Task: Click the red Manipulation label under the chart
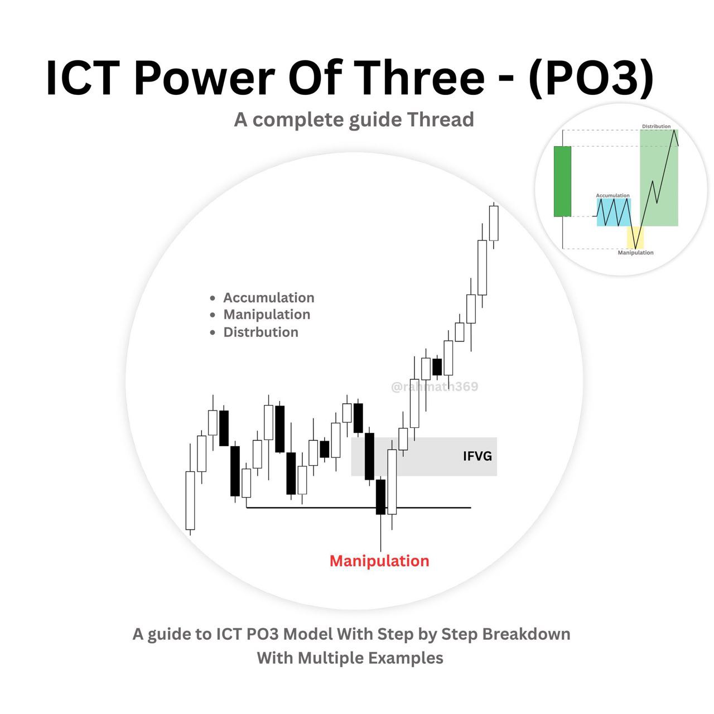coord(379,561)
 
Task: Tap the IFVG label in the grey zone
coord(477,456)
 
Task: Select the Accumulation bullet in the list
coord(269,297)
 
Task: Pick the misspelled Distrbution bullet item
coord(261,332)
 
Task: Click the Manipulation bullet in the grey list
coord(267,315)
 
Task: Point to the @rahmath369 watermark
coord(435,387)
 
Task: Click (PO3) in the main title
coord(591,79)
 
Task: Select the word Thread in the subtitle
coord(441,119)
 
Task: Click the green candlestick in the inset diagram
coord(562,181)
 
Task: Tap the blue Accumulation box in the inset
coord(614,213)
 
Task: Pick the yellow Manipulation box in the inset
coord(635,238)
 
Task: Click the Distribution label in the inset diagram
coord(656,127)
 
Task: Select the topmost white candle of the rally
coord(494,224)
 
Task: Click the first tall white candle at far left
coord(190,500)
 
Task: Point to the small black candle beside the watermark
coord(437,367)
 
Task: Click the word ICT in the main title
coord(83,78)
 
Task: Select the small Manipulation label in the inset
coord(635,253)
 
